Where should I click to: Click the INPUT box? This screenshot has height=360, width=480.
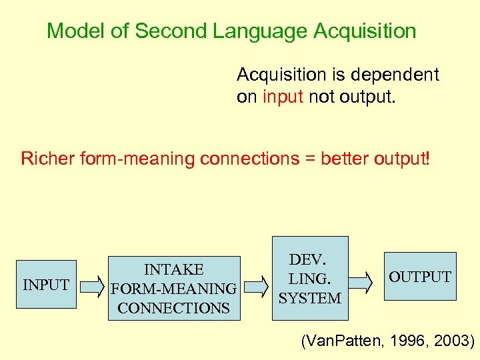[x=46, y=285]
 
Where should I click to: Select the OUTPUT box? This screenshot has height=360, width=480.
[x=419, y=277]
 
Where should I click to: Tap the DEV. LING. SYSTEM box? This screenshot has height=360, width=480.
[x=310, y=278]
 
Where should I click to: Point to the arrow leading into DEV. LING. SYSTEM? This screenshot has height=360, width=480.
[x=255, y=287]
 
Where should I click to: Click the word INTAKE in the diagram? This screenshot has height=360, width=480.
[x=173, y=269]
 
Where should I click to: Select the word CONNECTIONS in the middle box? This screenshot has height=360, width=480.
[x=173, y=308]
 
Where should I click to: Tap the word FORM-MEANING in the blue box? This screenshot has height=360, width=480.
[x=173, y=289]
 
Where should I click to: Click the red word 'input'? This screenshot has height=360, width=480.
[x=283, y=97]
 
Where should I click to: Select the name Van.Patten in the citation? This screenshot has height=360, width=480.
[x=341, y=341]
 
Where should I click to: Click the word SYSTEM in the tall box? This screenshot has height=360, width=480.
[x=310, y=298]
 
